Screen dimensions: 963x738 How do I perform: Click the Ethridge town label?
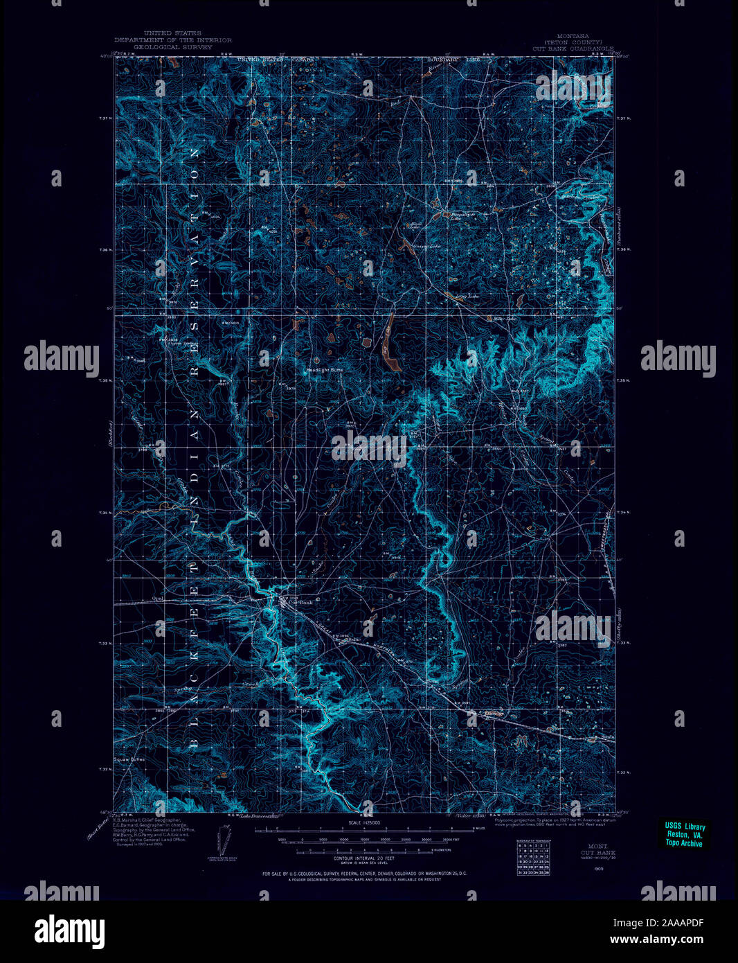494,714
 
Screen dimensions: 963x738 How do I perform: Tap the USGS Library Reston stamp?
684,835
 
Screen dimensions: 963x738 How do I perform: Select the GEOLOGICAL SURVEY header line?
172,49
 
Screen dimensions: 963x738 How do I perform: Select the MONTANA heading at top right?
571,36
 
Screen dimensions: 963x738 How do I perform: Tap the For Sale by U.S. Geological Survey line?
364,874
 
